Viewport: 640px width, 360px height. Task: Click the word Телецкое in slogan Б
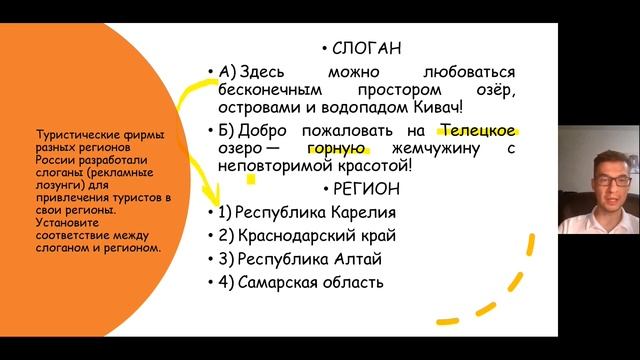pyautogui.click(x=478, y=130)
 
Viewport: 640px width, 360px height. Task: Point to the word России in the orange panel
pyautogui.click(x=52, y=158)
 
